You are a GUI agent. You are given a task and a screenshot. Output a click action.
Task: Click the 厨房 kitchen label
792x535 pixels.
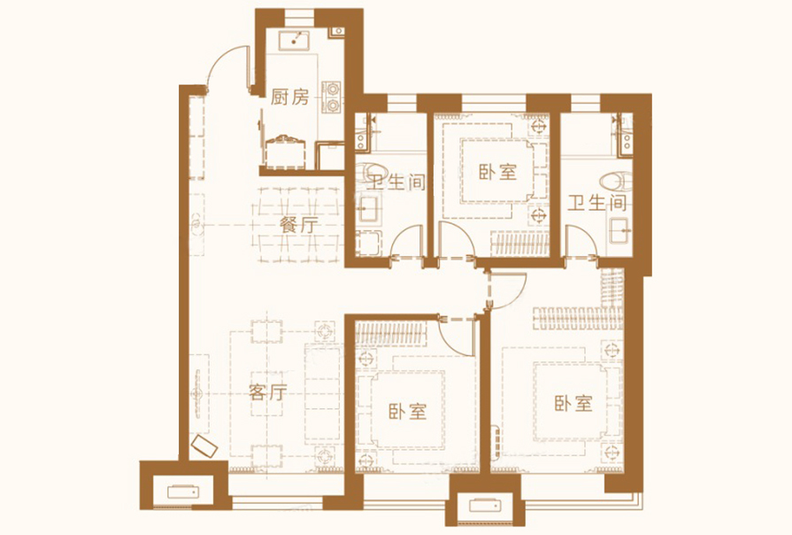pyautogui.click(x=289, y=97)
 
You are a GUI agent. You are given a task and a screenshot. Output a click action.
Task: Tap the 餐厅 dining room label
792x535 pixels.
pyautogui.click(x=299, y=225)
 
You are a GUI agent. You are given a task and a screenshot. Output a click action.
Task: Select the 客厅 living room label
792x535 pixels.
pyautogui.click(x=268, y=392)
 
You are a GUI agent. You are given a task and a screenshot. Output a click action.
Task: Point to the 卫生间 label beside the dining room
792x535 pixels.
pyautogui.click(x=396, y=182)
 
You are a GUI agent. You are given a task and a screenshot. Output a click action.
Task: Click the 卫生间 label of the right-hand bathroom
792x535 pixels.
pyautogui.click(x=597, y=203)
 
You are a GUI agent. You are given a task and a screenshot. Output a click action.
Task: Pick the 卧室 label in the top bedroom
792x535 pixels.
pyautogui.click(x=498, y=172)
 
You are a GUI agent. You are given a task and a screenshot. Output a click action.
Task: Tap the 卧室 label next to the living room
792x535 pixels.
pyautogui.click(x=408, y=412)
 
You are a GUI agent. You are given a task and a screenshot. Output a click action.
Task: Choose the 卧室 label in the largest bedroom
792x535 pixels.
pyautogui.click(x=573, y=403)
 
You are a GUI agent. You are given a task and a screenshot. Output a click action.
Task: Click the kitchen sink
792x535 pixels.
pyautogui.click(x=294, y=40)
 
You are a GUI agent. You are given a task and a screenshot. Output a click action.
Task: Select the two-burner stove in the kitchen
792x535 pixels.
pyautogui.click(x=332, y=97)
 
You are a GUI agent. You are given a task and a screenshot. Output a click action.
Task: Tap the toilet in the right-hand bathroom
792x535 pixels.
pyautogui.click(x=616, y=182)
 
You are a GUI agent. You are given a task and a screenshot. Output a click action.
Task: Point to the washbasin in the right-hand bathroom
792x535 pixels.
pyautogui.click(x=619, y=230)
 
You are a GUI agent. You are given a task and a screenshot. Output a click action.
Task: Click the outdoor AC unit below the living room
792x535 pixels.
pyautogui.click(x=183, y=492)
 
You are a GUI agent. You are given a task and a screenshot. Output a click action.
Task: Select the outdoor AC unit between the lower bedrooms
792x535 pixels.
pyautogui.click(x=484, y=506)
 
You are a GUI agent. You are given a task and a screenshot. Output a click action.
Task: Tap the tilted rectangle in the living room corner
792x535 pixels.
pyautogui.click(x=204, y=446)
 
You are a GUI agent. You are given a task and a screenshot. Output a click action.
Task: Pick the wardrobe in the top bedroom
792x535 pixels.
pyautogui.click(x=519, y=244)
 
